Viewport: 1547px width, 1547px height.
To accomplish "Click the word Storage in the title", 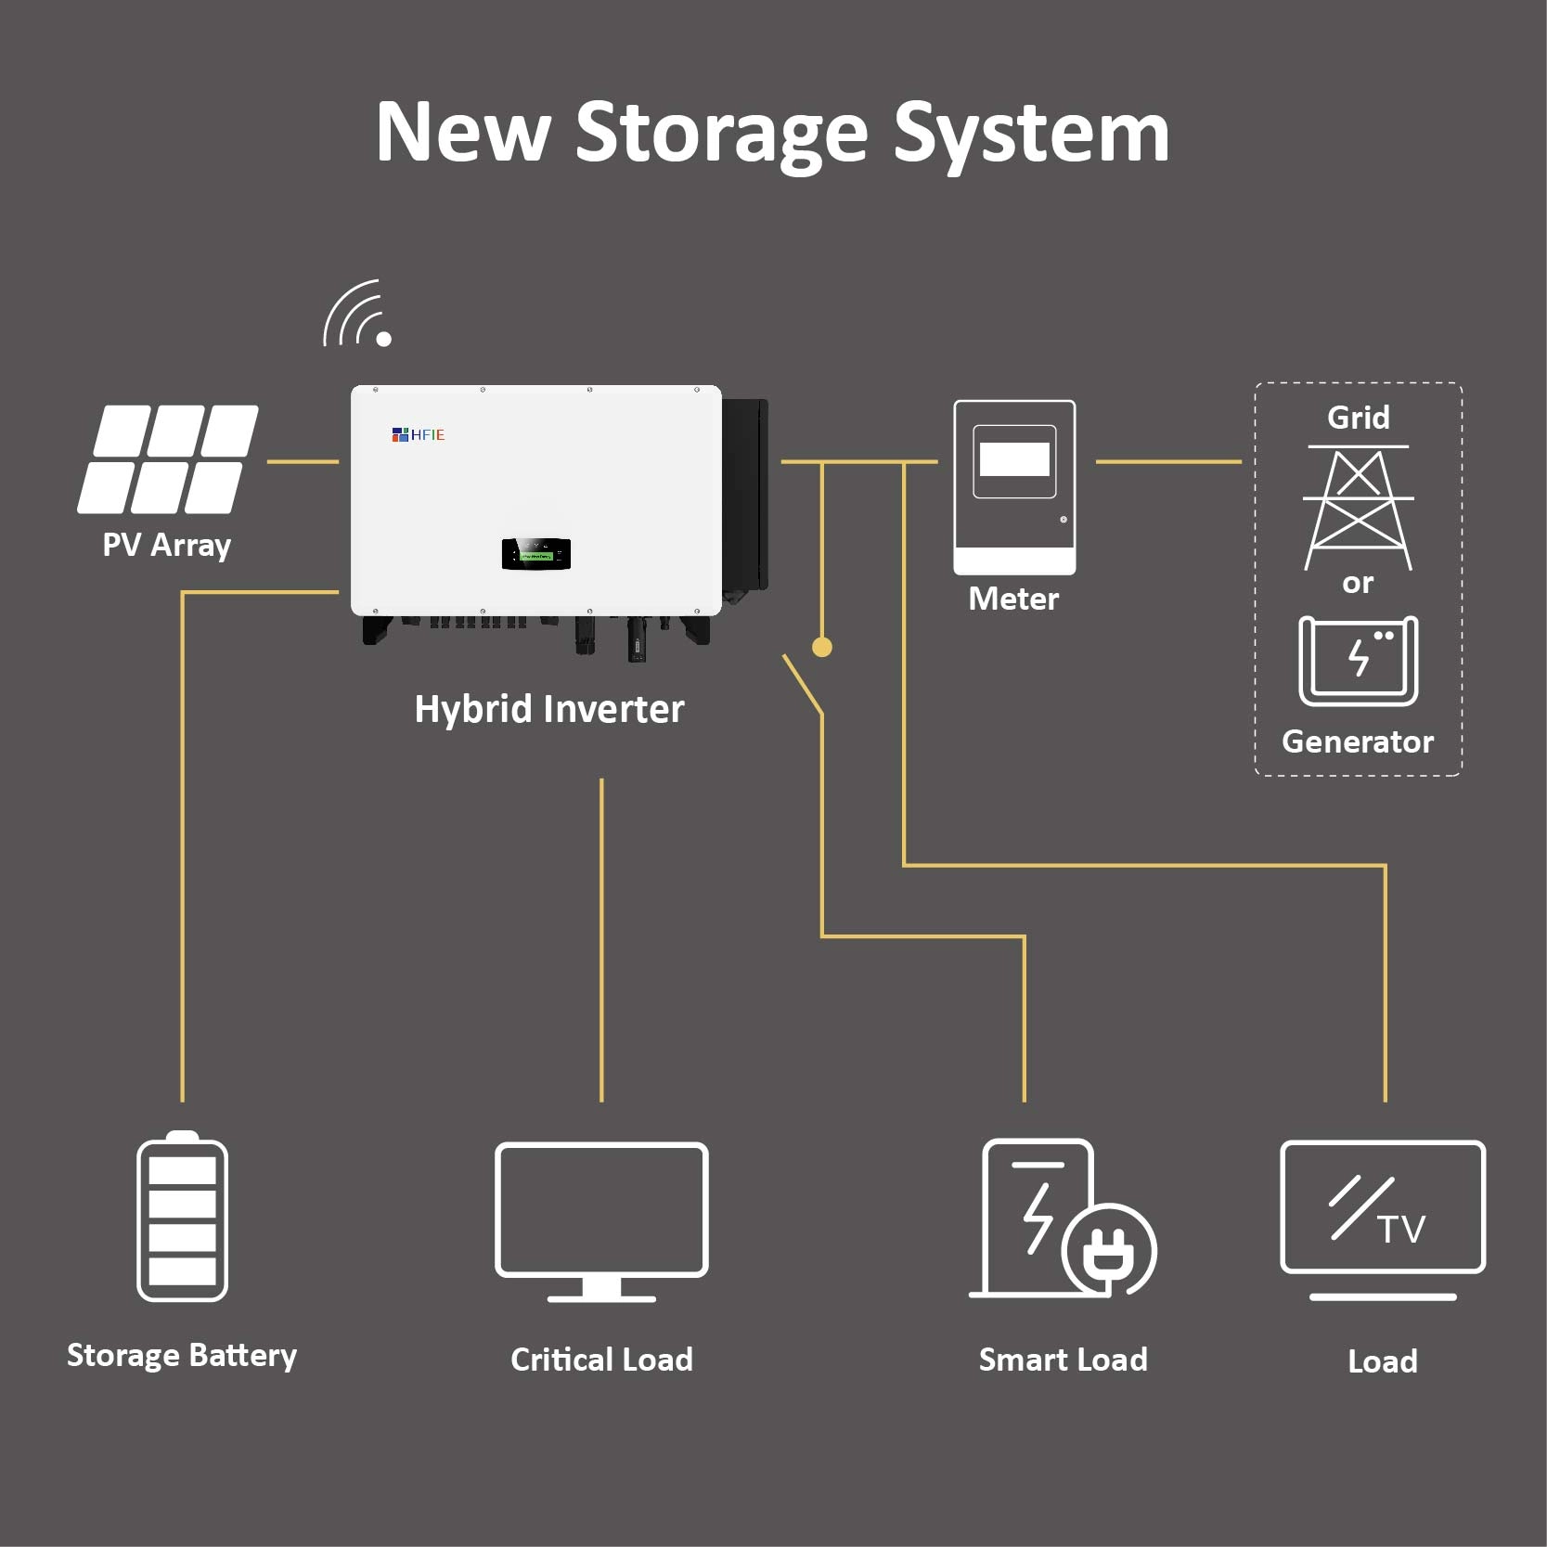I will click(x=721, y=135).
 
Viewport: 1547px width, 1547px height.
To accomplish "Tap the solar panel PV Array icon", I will click(x=168, y=458).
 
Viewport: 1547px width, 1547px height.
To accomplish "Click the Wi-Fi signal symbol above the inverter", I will click(x=357, y=315).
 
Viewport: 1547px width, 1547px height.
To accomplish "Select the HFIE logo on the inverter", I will click(x=419, y=434).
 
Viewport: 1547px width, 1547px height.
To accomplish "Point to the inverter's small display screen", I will click(x=535, y=554).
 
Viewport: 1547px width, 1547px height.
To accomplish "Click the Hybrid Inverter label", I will click(x=549, y=709).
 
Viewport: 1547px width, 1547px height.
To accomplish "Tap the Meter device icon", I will click(x=1014, y=486).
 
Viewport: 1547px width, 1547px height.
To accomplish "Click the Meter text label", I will click(x=1013, y=599).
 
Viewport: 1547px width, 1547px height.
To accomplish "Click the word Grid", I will click(x=1358, y=418).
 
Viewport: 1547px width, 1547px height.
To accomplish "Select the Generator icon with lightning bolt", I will click(x=1358, y=660).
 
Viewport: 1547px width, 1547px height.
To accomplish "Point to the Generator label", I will click(x=1357, y=741).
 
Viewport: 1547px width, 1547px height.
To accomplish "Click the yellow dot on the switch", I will click(x=821, y=647).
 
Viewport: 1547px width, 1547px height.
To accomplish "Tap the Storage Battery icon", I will click(x=182, y=1217).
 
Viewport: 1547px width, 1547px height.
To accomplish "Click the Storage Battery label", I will click(x=182, y=1356).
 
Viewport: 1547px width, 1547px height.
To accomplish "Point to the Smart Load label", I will click(x=1063, y=1360).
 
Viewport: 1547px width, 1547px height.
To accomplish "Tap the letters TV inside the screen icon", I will click(x=1401, y=1230).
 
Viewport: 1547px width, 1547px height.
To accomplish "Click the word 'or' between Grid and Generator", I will click(x=1358, y=584).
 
